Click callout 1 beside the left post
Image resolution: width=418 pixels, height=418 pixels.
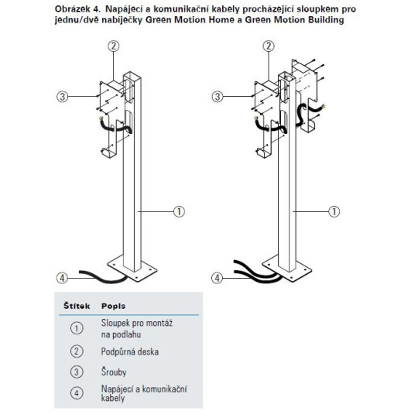[179, 211]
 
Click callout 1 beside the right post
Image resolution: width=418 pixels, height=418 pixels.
[334, 211]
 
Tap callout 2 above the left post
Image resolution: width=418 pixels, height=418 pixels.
[114, 46]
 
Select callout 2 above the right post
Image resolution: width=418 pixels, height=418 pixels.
[269, 46]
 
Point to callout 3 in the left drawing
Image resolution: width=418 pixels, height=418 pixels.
[63, 96]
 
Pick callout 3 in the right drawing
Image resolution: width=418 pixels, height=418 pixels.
[218, 96]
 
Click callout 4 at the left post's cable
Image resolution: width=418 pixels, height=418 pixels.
[62, 278]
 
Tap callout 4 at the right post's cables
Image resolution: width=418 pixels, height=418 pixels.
[217, 278]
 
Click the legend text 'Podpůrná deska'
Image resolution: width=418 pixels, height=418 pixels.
[130, 351]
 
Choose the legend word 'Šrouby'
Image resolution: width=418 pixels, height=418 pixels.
[114, 372]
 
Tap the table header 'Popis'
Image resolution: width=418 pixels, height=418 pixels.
[113, 306]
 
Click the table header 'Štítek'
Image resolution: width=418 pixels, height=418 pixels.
[77, 306]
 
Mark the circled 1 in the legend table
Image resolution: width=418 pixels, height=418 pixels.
[77, 328]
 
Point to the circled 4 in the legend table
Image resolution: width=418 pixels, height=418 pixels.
[77, 393]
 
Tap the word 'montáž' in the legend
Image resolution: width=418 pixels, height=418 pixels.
[159, 323]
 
